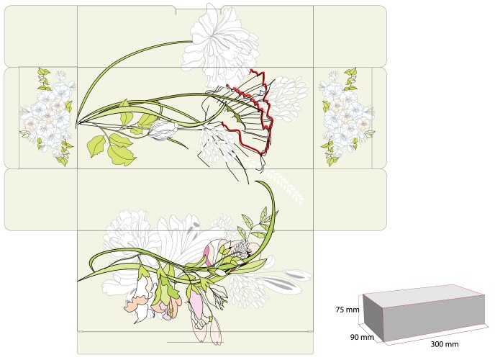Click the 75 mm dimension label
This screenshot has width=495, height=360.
coord(348,310)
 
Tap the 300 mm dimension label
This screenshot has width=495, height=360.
coord(445,344)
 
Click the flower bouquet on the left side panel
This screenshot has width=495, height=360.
coord(47,116)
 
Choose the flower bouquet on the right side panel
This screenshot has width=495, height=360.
coord(347,116)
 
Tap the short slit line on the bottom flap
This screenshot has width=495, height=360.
coord(195,342)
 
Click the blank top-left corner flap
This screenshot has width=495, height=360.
coord(41,36)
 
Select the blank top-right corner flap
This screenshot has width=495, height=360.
coord(350,36)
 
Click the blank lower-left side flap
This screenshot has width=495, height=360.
coord(41,200)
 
